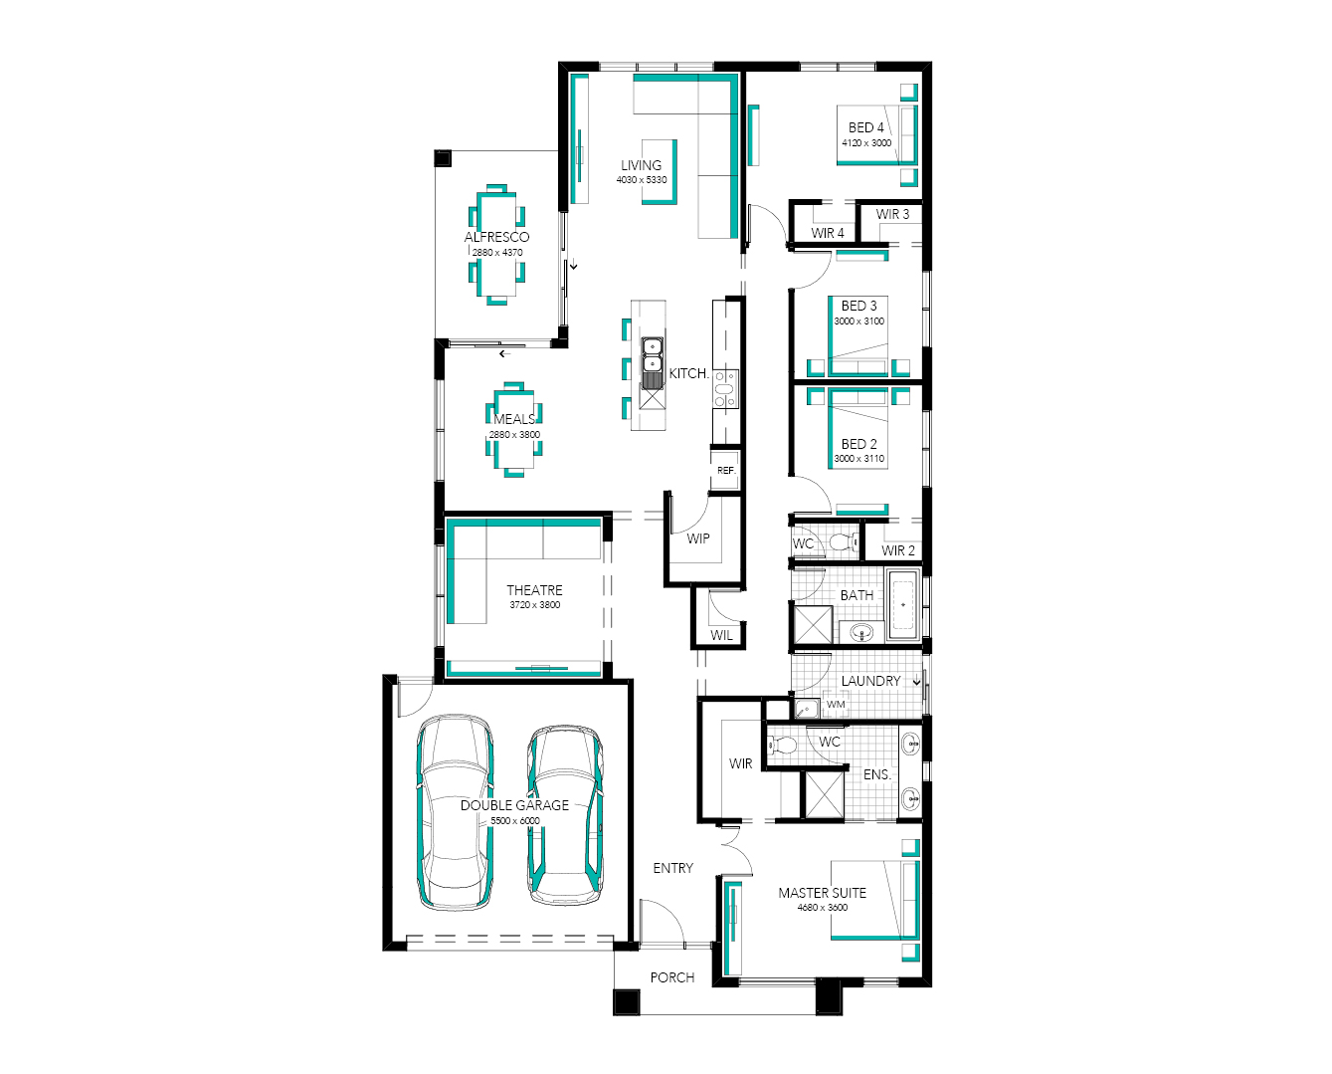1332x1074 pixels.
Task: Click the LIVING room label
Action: pos(642,165)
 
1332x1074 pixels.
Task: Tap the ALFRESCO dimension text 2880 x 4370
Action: pos(497,253)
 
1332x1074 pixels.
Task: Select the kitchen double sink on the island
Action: pos(652,354)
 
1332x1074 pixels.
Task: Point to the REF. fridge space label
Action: pos(726,471)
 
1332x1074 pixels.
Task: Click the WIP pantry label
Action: pos(698,538)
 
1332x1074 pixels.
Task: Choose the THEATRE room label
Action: pos(535,590)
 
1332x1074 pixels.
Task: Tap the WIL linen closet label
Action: pos(721,635)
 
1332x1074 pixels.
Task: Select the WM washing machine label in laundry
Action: pos(836,705)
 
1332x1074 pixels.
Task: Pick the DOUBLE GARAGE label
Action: pos(514,805)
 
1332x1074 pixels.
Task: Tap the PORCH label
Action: pos(672,977)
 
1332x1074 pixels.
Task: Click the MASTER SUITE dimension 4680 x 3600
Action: pos(823,908)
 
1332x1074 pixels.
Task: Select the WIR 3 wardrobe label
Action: pos(892,214)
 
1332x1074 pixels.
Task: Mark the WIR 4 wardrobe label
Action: pos(828,234)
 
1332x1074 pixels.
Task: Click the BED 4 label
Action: pos(865,127)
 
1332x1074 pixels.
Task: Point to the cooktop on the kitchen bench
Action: pos(725,388)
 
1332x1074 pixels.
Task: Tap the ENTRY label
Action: pos(672,868)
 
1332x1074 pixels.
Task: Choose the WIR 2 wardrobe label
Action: pos(898,550)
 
